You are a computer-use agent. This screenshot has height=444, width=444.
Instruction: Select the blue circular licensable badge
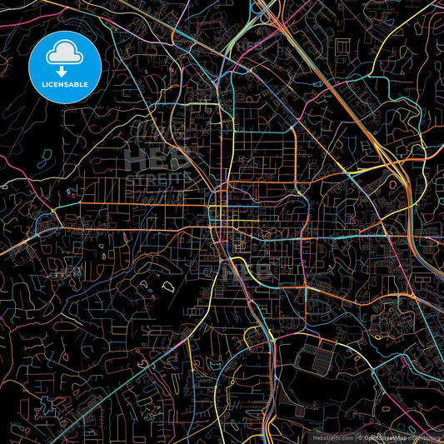coord(64,67)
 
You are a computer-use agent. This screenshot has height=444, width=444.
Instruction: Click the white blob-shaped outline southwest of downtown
coord(167,287)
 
